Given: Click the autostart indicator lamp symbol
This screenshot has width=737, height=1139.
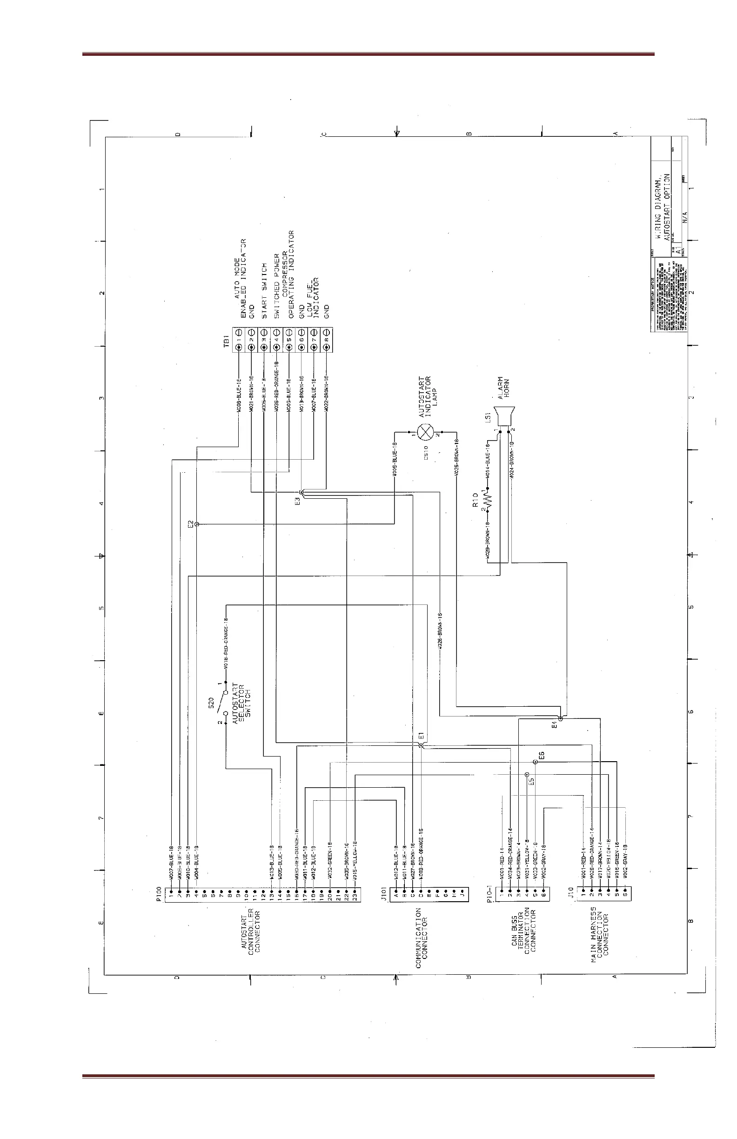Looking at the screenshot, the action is [x=425, y=432].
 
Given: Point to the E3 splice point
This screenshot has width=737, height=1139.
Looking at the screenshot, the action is [x=301, y=492].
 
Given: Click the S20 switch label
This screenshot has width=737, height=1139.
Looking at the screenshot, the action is [x=211, y=703].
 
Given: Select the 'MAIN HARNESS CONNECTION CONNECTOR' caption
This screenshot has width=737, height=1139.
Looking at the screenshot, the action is [x=599, y=934].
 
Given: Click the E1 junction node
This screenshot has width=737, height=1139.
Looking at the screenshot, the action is [x=421, y=746].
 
